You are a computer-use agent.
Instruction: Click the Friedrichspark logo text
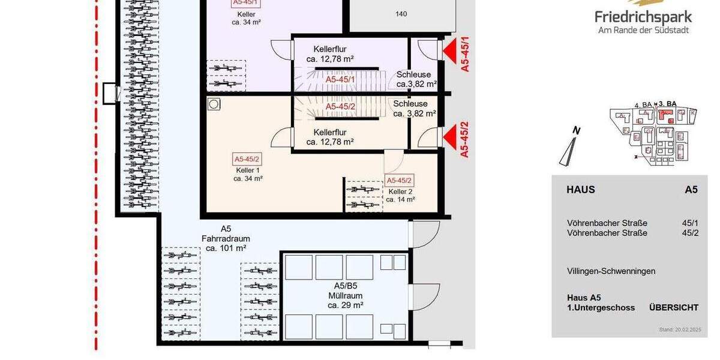(643, 17)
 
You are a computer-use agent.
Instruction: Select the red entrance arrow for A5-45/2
(449, 137)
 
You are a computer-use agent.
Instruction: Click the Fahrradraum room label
(226, 238)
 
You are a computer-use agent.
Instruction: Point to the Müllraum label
(344, 296)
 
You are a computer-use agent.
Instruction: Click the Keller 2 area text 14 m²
(400, 199)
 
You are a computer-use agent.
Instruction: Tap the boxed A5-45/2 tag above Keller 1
(247, 159)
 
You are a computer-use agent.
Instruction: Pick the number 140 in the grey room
(401, 14)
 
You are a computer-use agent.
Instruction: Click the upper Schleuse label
(413, 74)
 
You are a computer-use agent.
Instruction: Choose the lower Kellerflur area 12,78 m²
(329, 142)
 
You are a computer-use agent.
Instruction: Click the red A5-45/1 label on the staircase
(340, 79)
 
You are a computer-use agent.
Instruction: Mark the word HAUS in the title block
(581, 190)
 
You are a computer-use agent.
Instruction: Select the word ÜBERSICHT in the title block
(673, 308)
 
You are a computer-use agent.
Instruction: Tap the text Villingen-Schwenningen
(611, 271)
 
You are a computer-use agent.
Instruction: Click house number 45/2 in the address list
(690, 233)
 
